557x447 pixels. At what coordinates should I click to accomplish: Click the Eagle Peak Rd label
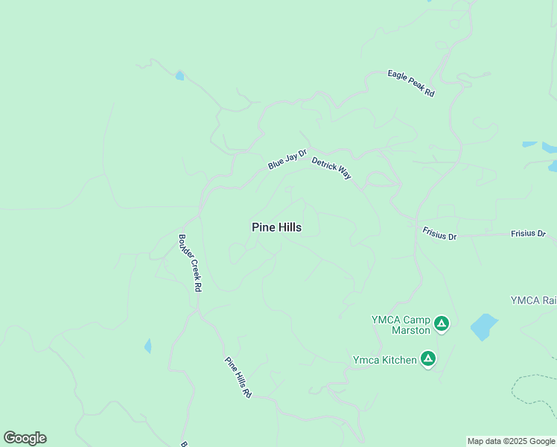(x=410, y=84)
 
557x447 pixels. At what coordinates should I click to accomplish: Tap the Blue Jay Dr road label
(x=287, y=159)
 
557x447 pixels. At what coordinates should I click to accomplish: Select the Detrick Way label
(x=331, y=168)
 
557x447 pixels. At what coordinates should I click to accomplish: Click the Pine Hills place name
(x=276, y=227)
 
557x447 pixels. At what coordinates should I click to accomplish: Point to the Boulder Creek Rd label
(x=189, y=263)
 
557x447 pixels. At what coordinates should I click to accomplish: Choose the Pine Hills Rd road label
(x=238, y=376)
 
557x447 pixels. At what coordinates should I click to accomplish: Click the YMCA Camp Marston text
(x=401, y=325)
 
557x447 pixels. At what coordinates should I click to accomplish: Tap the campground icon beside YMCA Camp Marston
(x=442, y=323)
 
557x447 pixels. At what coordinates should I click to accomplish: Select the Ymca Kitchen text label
(x=384, y=360)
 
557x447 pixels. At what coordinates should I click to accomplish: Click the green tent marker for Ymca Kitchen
(x=427, y=359)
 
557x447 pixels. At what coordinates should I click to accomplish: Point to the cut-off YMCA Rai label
(x=533, y=300)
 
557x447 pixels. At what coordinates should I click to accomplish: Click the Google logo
(x=25, y=437)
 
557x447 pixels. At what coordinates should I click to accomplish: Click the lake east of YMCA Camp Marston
(x=483, y=326)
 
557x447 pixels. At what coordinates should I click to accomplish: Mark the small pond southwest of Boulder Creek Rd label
(x=147, y=346)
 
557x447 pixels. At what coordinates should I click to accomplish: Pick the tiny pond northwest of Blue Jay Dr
(x=179, y=75)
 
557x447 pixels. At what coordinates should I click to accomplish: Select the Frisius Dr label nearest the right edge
(x=528, y=234)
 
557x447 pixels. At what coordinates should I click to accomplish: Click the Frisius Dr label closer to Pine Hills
(x=439, y=235)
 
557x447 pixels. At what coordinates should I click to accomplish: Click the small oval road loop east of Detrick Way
(x=378, y=179)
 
